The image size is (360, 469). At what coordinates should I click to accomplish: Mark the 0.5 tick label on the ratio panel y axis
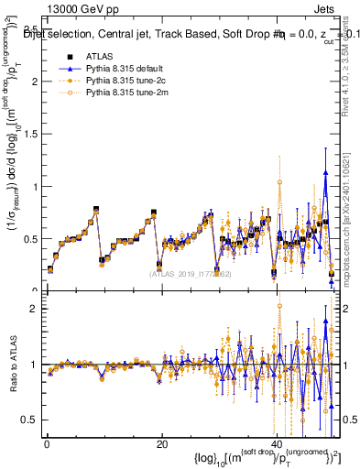[30, 420]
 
